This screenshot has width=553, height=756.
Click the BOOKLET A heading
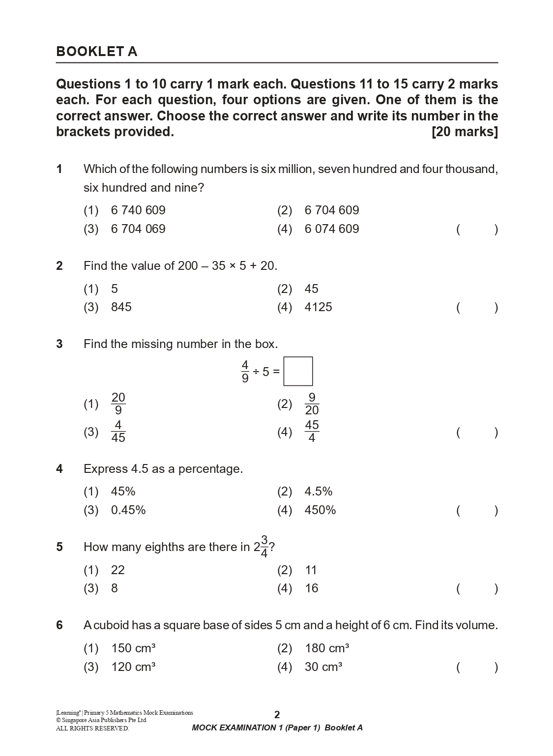97,52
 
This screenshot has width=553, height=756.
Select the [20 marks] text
465,132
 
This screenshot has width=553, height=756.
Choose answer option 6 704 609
332,210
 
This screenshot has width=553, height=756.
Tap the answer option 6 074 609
332,229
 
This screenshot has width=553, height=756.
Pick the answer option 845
121,307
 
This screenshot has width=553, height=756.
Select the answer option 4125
318,307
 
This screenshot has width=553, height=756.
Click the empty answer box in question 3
298,371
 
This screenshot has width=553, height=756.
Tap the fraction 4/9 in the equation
245,372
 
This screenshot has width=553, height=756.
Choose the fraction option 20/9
118,404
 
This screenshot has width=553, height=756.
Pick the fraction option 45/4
312,432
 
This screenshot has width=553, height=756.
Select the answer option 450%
320,510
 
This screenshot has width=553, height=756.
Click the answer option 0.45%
128,510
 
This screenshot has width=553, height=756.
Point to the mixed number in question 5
261,547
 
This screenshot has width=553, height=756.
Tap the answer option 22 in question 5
118,570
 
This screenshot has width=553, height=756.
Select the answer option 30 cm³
323,667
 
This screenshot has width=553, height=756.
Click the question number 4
59,469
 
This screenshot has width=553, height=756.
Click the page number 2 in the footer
277,715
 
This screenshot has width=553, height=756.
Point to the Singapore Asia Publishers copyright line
101,720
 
